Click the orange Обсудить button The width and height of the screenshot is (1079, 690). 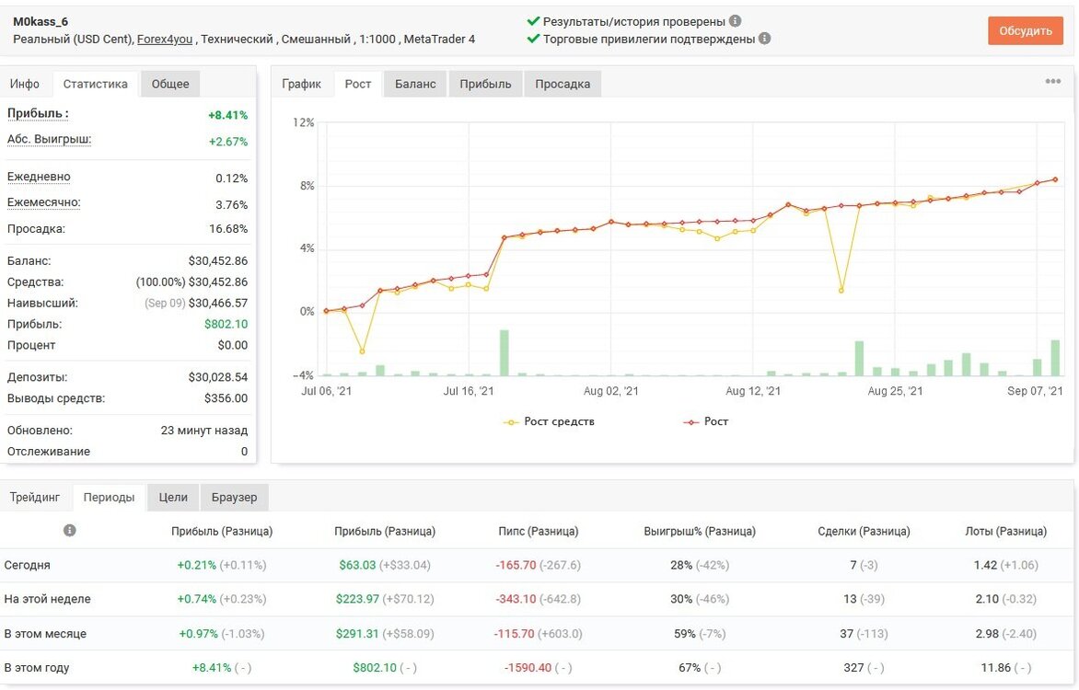point(1026,31)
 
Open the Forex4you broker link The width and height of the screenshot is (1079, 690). point(165,40)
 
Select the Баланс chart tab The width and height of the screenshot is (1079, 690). point(415,84)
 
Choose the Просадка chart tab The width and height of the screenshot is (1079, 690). point(563,84)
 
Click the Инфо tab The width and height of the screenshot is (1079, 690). point(25,84)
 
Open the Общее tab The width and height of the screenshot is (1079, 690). point(170,84)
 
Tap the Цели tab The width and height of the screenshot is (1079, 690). point(173,498)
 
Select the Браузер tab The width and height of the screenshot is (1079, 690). point(234,498)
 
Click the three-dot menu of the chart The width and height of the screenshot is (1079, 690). point(1053,81)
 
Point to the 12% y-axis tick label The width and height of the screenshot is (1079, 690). point(304,122)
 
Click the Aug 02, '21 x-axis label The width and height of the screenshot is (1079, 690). point(611,391)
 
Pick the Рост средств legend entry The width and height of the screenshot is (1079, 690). point(549,421)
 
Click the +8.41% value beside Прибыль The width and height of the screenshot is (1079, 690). point(227,115)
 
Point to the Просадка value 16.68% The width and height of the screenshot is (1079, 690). point(228,229)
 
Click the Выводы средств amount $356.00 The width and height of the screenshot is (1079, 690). point(226,398)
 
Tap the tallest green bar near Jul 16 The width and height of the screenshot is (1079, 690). point(505,353)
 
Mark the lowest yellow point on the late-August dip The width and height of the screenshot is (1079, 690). point(841,291)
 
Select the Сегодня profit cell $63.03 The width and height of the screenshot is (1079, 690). point(357,565)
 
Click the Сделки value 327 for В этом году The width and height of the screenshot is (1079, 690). point(853,667)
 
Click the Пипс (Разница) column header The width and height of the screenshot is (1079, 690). point(539,531)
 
